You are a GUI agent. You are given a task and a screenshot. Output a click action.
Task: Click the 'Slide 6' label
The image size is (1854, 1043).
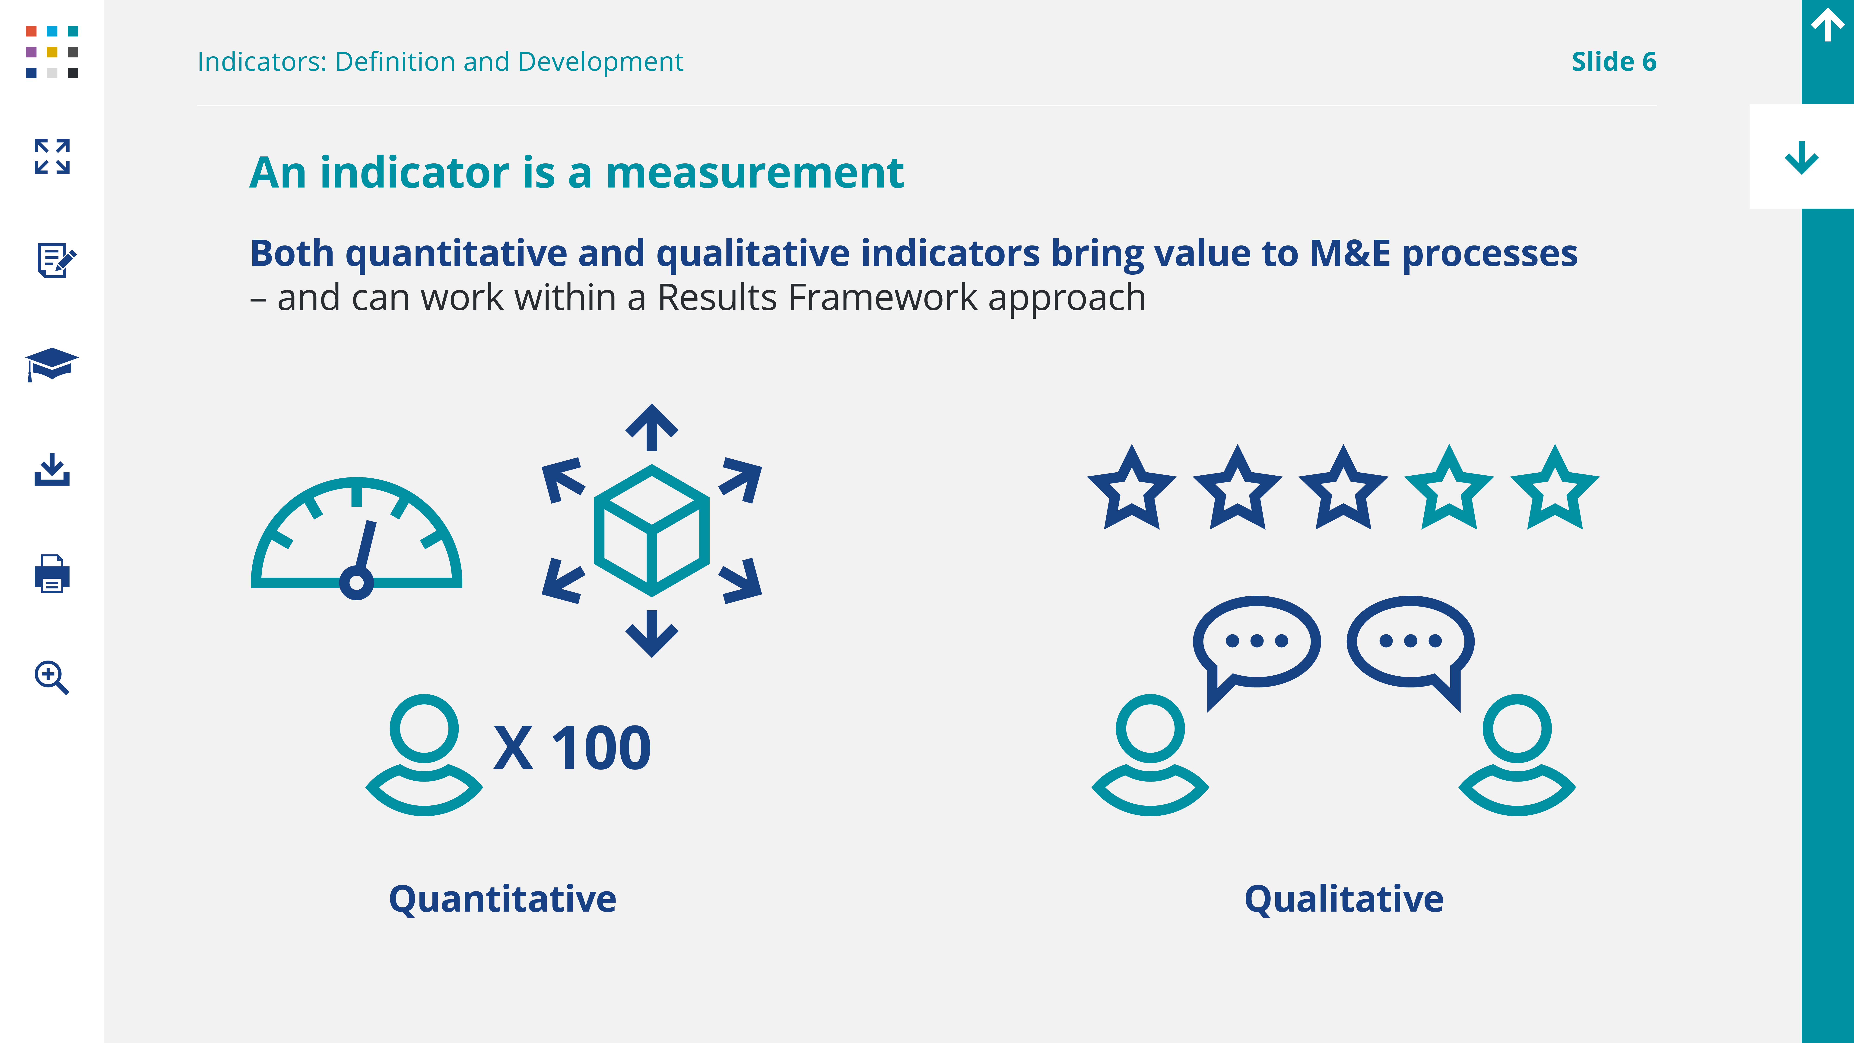point(1614,62)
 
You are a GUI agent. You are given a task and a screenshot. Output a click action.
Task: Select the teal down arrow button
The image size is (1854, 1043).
point(1801,158)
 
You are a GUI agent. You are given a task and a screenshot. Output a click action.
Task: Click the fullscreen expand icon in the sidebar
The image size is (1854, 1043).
point(52,156)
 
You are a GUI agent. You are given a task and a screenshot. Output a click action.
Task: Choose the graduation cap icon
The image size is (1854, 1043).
point(52,364)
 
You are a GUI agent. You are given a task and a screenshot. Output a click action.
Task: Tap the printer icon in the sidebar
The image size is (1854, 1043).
point(52,574)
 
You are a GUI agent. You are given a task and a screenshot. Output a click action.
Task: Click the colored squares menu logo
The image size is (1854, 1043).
point(52,52)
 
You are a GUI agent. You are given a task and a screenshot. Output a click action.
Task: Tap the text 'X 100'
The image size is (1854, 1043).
point(572,748)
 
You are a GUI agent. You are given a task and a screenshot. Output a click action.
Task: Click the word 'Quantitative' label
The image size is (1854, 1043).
point(502,899)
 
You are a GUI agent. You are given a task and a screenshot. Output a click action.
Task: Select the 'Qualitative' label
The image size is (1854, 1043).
point(1344,899)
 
